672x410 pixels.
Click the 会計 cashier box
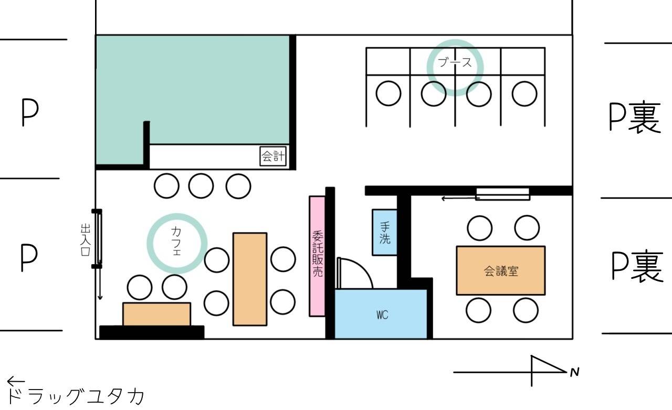click(273, 156)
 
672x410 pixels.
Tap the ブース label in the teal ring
click(455, 62)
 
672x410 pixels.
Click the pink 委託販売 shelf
click(317, 256)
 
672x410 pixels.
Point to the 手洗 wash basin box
click(385, 233)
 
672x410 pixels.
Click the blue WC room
click(381, 314)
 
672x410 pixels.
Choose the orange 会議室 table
click(501, 270)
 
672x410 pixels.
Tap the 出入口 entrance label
click(86, 239)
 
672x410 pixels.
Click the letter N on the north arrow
click(574, 372)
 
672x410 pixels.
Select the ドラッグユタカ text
click(75, 396)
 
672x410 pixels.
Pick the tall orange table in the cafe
click(250, 279)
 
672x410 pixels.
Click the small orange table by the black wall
click(156, 314)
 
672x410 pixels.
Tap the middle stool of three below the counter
click(201, 186)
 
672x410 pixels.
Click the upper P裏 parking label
click(635, 117)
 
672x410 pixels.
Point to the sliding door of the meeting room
click(503, 194)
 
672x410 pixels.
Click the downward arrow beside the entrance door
click(100, 283)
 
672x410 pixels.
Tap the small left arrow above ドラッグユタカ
click(16, 381)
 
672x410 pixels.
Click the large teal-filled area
click(192, 90)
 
